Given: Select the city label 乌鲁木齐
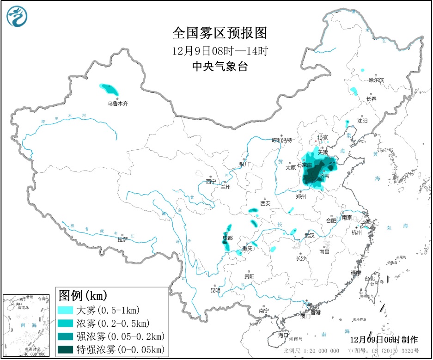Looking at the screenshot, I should pos(118,104).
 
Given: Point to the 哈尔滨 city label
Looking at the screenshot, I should pos(376,80).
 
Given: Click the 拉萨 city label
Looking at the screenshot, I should pos(122,239).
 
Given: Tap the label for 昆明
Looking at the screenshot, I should pos(215,290).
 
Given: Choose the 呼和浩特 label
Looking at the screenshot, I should pos(282,140).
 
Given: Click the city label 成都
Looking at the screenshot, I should pos(227,238).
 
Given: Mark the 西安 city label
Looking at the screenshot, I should pos(265,203).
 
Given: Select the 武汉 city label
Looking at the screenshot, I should pos(309,235).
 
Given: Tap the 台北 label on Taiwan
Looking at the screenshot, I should pos(370,279).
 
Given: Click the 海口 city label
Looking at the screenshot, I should pos(283,335).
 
